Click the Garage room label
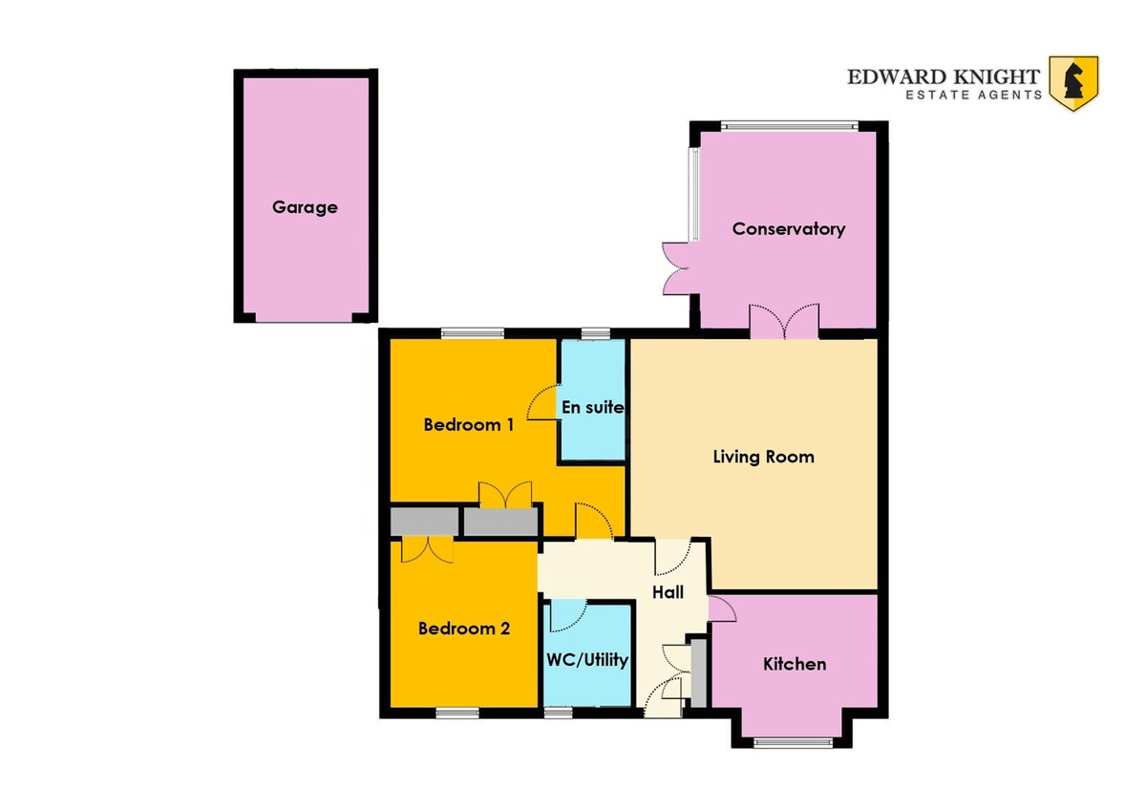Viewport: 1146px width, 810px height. tap(305, 207)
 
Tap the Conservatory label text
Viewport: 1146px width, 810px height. tap(789, 228)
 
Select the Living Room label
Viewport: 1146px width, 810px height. tap(763, 457)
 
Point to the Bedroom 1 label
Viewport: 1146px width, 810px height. tap(468, 424)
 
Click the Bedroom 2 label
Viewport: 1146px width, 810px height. tap(464, 628)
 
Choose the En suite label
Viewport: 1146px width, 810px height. tap(593, 407)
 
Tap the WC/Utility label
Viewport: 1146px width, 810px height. tap(587, 660)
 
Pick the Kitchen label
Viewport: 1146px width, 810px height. tap(795, 664)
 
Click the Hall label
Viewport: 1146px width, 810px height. tap(668, 592)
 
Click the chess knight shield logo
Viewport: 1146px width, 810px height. tap(1073, 83)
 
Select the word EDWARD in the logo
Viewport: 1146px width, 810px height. tap(898, 76)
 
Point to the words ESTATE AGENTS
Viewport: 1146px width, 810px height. tap(973, 95)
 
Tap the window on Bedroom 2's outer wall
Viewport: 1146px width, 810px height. tap(457, 713)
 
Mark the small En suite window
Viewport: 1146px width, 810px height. tap(596, 333)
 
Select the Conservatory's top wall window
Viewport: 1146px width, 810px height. tap(790, 125)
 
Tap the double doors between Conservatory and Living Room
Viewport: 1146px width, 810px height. tap(784, 321)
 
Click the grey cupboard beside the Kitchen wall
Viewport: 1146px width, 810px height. tap(699, 672)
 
